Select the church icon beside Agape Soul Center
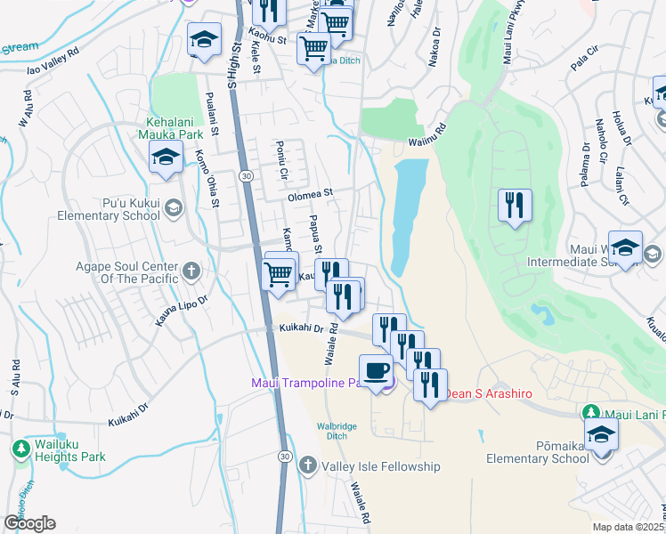click(x=191, y=270)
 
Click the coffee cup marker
click(x=375, y=369)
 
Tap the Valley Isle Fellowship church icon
click(x=307, y=465)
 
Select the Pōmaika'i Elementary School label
click(x=531, y=451)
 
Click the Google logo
click(x=29, y=523)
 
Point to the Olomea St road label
click(x=309, y=192)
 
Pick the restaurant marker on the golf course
click(x=515, y=206)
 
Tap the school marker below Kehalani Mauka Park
click(x=166, y=158)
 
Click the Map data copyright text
click(x=629, y=527)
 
